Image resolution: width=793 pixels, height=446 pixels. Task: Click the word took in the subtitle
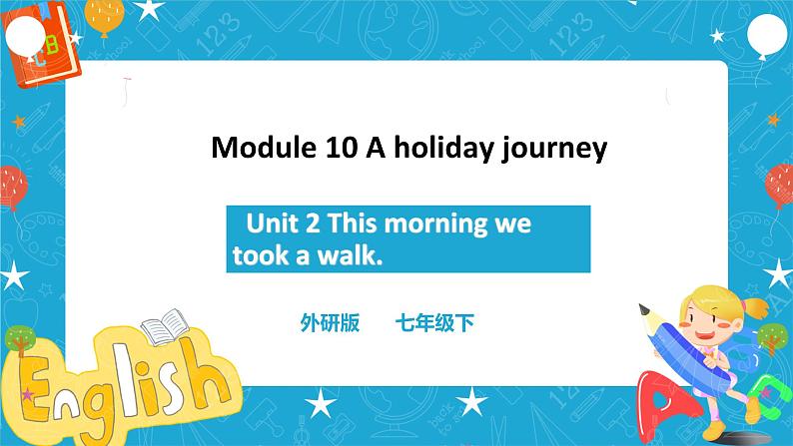(x=256, y=256)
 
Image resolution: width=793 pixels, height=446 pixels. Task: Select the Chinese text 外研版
(x=329, y=322)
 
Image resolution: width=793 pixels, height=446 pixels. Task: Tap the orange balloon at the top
(x=104, y=14)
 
